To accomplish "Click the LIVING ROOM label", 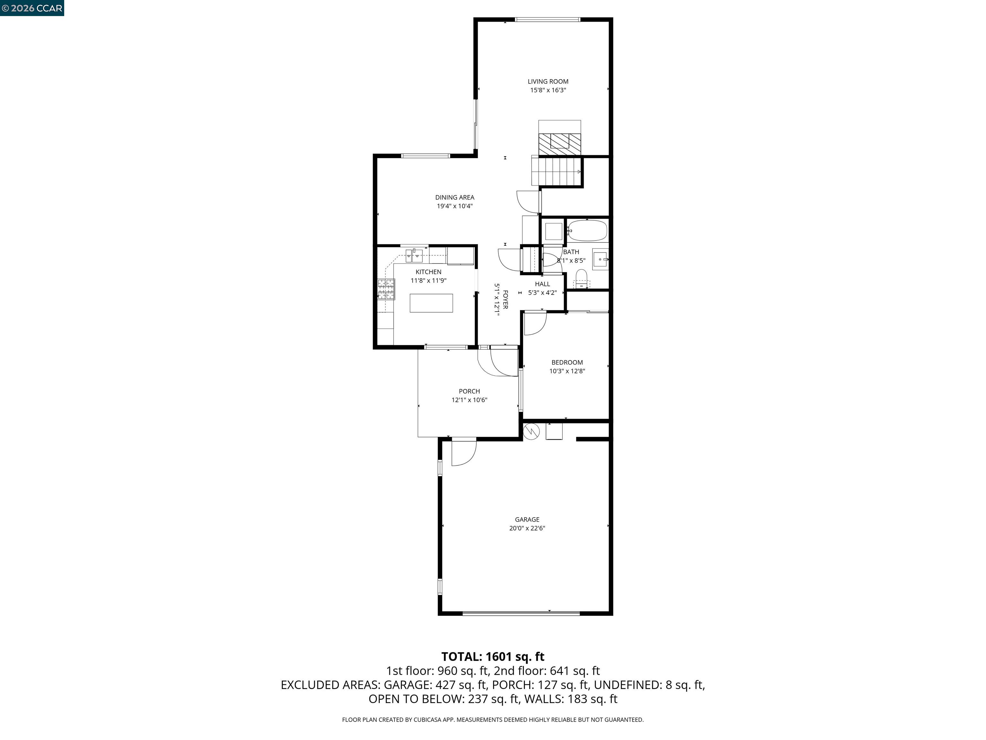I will [x=548, y=81].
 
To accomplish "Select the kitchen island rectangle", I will [x=431, y=303].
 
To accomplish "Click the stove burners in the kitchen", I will [x=386, y=289].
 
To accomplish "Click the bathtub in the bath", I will [x=587, y=231].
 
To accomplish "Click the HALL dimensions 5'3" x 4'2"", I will [x=542, y=293].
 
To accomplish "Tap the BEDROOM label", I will [x=567, y=362].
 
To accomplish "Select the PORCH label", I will [x=469, y=391].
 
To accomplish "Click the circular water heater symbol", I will [x=531, y=431].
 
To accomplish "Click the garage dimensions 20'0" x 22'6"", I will [x=527, y=528].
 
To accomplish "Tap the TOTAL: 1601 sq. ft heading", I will [x=493, y=656].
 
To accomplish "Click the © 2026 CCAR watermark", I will [x=32, y=8].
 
